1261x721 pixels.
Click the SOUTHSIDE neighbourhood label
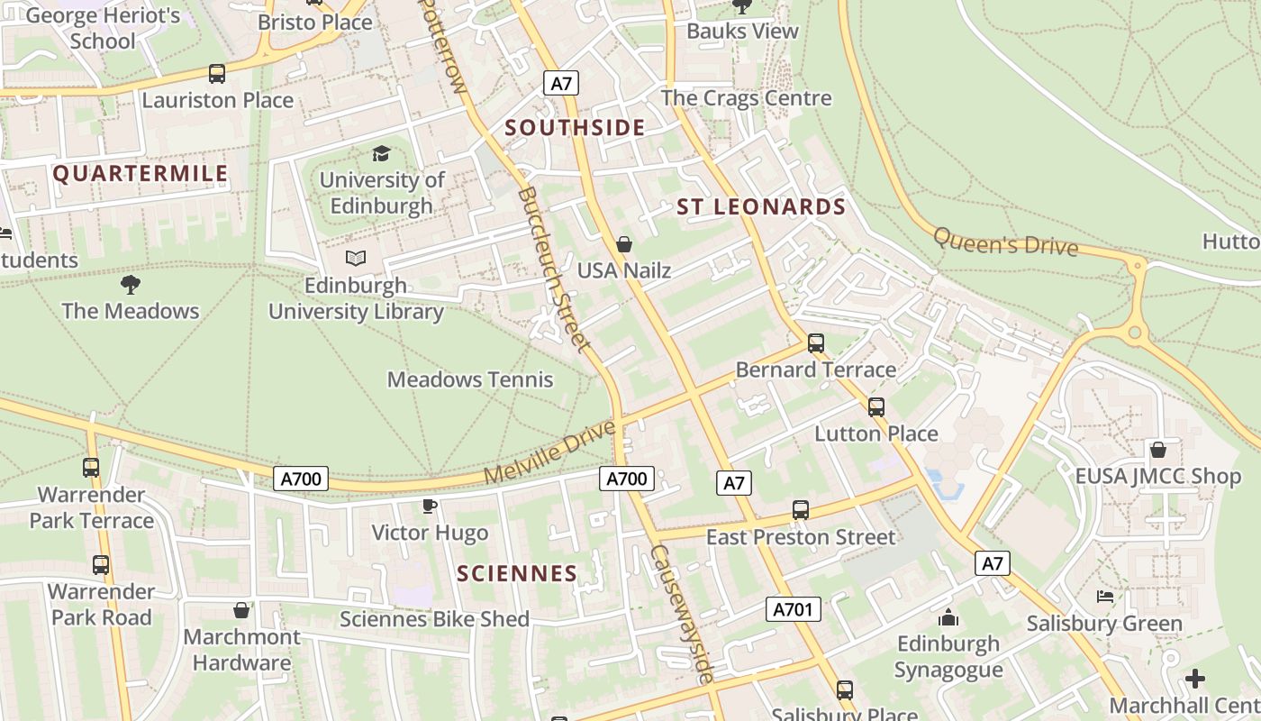(x=575, y=128)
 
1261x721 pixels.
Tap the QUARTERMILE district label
(x=141, y=174)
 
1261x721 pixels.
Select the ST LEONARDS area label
(x=761, y=207)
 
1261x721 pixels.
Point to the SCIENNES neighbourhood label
(x=517, y=573)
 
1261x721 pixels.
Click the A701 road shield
(x=794, y=609)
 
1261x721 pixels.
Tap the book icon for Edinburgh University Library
(x=356, y=259)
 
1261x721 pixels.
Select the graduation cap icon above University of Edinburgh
(x=382, y=153)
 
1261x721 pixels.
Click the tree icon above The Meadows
(x=131, y=285)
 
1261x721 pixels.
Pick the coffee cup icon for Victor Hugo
(x=430, y=506)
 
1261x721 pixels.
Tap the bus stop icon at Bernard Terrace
(x=816, y=343)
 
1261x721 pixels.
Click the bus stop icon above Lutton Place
(x=876, y=406)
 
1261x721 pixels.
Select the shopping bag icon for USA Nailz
(x=623, y=244)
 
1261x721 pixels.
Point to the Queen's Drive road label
(x=1005, y=242)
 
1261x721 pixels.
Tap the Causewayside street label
(x=683, y=614)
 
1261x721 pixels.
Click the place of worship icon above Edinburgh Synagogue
(x=948, y=617)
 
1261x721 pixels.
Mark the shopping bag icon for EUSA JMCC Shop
(x=1158, y=449)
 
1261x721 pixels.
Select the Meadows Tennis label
(x=470, y=379)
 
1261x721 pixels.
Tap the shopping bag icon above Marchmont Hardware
(x=240, y=610)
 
